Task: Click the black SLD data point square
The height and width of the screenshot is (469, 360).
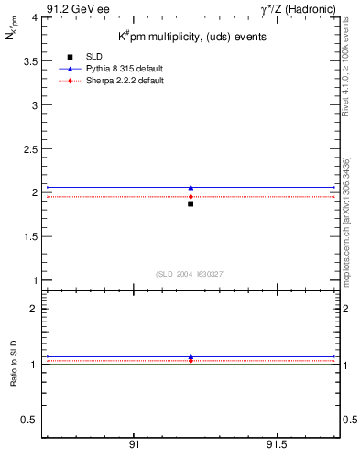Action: point(191,203)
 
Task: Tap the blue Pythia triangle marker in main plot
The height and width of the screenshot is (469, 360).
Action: point(191,188)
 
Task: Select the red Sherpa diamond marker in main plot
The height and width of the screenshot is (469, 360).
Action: point(191,196)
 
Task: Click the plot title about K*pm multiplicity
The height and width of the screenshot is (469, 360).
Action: point(191,37)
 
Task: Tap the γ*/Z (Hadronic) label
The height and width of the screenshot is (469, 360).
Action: point(299,8)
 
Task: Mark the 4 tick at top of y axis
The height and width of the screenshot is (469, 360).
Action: point(32,17)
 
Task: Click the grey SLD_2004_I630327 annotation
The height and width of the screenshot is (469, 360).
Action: point(191,273)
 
